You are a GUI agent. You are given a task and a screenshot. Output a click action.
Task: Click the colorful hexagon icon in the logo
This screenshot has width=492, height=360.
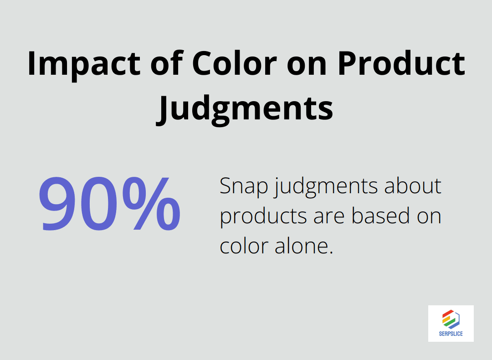click(x=451, y=319)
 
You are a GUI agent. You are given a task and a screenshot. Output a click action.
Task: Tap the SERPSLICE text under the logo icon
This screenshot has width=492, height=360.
click(x=451, y=334)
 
